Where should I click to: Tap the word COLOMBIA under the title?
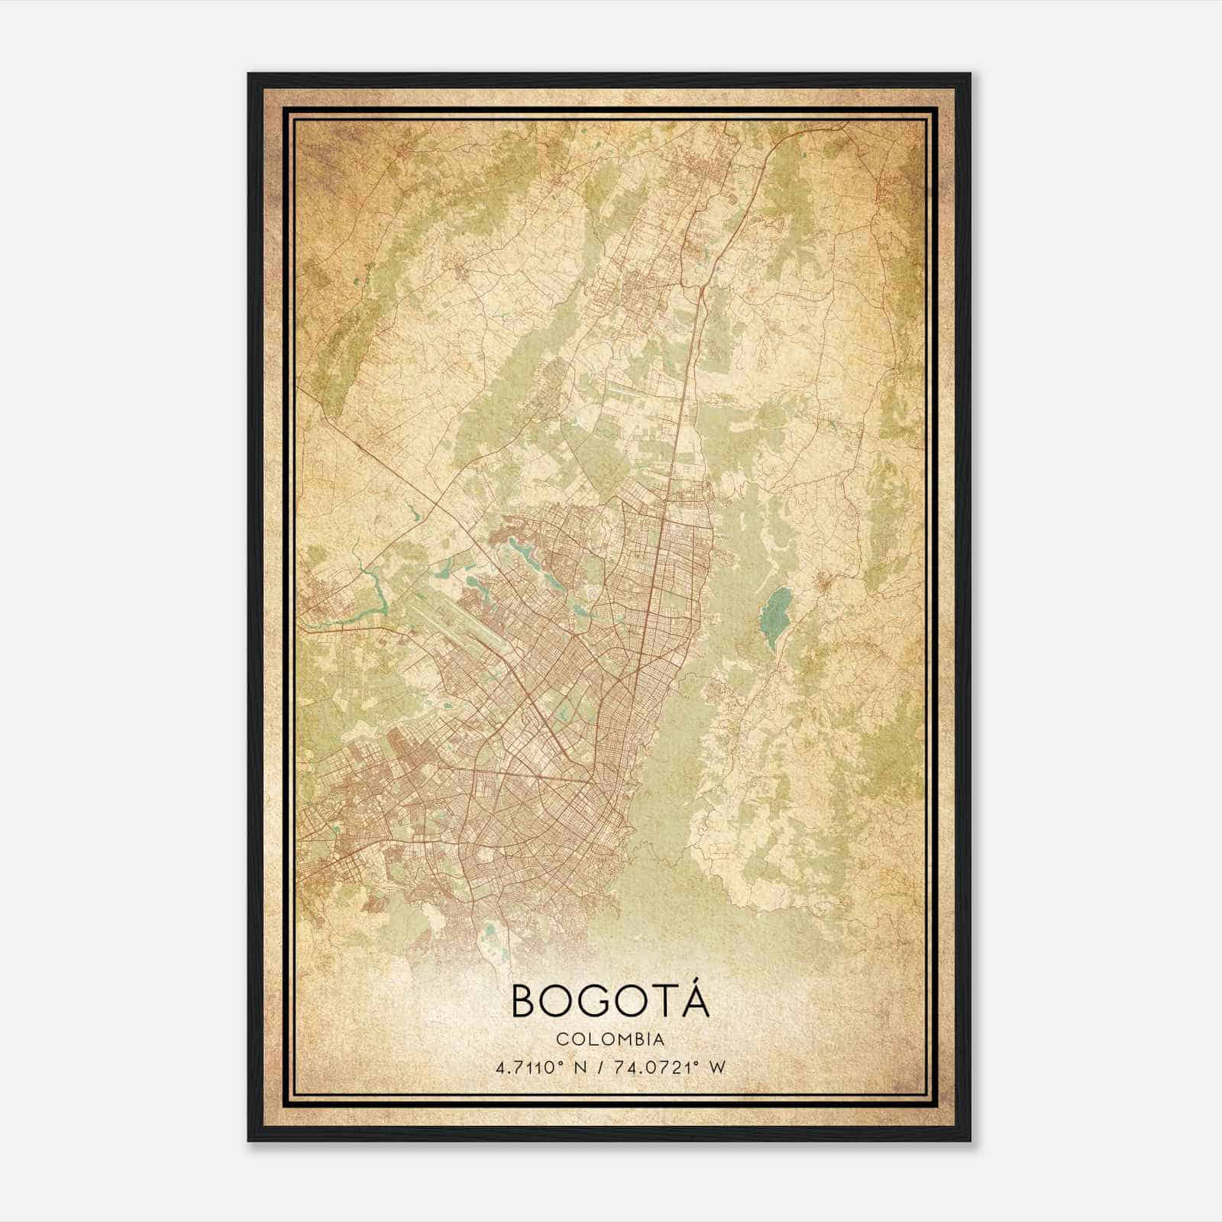610,1039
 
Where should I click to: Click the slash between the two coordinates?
606,1067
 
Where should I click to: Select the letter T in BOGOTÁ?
662,1001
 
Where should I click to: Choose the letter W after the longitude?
716,1067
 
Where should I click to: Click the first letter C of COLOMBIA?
561,1039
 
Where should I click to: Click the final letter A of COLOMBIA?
658,1039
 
